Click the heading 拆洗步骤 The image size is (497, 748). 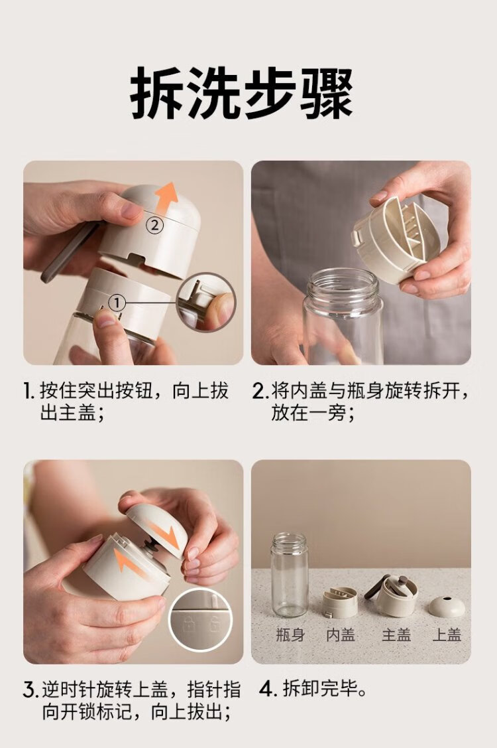coord(242,92)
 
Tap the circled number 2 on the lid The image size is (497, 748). coord(154,225)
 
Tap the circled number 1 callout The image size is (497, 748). coord(117,302)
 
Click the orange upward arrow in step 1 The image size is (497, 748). coord(167,200)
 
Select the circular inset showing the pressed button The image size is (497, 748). coord(206,302)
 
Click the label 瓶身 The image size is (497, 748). coord(290,635)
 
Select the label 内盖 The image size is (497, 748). coord(341,635)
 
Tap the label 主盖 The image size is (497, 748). coord(396,635)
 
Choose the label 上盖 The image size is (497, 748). coord(447,635)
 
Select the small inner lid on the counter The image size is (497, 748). coord(340,603)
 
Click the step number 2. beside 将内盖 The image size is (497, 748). coord(260,391)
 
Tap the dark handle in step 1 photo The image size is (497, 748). coord(69,252)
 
